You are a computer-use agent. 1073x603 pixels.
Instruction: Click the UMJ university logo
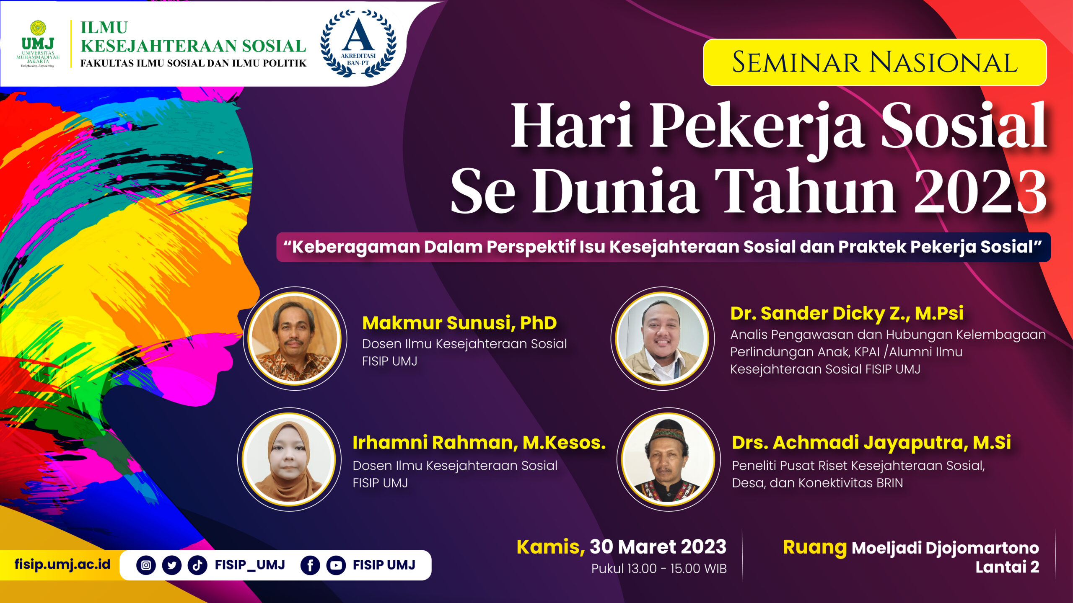pyautogui.click(x=38, y=44)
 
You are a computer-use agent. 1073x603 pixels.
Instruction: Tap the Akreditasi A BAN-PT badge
pyautogui.click(x=358, y=43)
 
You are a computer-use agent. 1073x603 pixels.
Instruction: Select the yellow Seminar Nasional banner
pyautogui.click(x=875, y=62)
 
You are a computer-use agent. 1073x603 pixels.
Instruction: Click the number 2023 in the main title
pyautogui.click(x=980, y=192)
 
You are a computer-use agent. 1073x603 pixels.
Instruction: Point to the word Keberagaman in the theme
pyautogui.click(x=356, y=247)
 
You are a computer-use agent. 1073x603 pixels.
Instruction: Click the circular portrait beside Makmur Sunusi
pyautogui.click(x=295, y=338)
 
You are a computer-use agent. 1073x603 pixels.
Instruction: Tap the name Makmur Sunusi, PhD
pyautogui.click(x=459, y=323)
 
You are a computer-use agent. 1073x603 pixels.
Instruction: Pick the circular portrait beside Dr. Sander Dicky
pyautogui.click(x=662, y=338)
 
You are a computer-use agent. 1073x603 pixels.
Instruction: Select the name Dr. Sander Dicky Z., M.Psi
pyautogui.click(x=847, y=313)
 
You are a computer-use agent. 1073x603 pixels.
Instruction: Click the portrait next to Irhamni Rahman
pyautogui.click(x=289, y=459)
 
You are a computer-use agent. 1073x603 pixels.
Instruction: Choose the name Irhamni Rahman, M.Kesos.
pyautogui.click(x=479, y=443)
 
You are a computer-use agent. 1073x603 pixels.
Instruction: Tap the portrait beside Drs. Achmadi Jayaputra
pyautogui.click(x=668, y=459)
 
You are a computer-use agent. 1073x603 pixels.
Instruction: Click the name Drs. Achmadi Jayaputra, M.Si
pyautogui.click(x=871, y=443)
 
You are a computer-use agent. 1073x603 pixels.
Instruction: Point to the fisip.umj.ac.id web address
pyautogui.click(x=62, y=564)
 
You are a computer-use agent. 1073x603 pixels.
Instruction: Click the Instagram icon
pyautogui.click(x=146, y=565)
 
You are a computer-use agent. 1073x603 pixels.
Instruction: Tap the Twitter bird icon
pyautogui.click(x=172, y=565)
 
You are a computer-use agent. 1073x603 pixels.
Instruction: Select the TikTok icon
pyautogui.click(x=197, y=565)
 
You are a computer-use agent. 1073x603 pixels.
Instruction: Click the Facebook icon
pyautogui.click(x=310, y=565)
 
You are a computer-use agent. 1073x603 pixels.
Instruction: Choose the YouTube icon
pyautogui.click(x=336, y=565)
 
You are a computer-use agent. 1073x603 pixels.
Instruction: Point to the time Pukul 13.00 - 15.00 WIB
pyautogui.click(x=659, y=569)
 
